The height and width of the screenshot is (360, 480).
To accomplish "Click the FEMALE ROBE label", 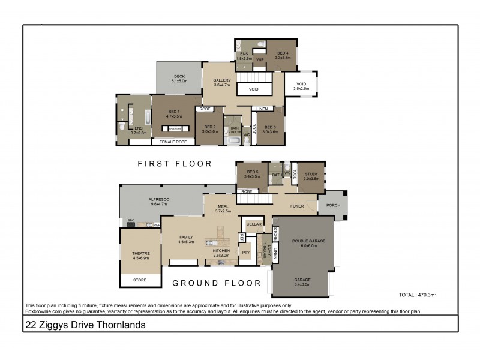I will (173, 142).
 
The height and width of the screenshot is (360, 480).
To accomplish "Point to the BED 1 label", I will (173, 112).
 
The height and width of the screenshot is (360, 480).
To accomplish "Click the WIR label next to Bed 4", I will (260, 61).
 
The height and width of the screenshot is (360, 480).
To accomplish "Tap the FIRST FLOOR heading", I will (175, 163).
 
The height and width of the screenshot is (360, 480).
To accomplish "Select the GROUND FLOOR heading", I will (216, 283).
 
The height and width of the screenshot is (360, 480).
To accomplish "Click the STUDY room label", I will (311, 175).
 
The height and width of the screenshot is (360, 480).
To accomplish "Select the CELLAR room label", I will (253, 225).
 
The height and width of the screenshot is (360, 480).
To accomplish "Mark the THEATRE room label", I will (141, 254).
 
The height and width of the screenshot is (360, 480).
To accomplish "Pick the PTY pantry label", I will (245, 253).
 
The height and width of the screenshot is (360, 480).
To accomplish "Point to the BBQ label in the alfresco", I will (131, 221).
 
